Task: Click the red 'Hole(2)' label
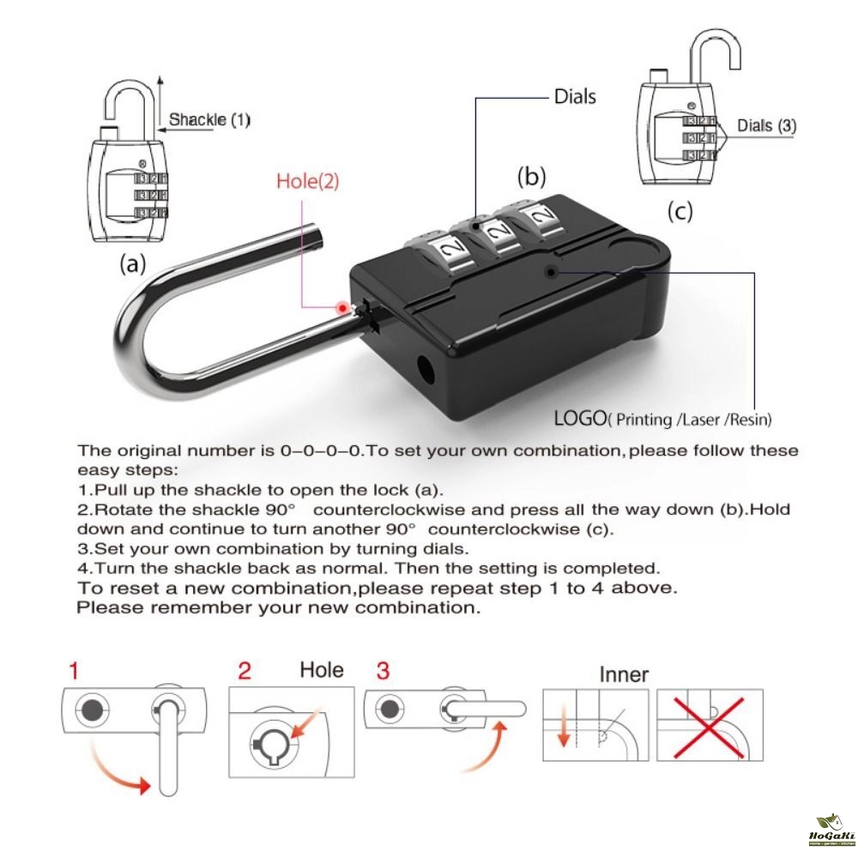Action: click(308, 181)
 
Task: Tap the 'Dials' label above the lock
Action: click(574, 96)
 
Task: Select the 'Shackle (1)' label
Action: click(209, 120)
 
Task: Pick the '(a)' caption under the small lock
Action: click(131, 264)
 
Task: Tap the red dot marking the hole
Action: click(343, 308)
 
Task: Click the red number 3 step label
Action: click(383, 670)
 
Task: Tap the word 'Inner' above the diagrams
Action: click(624, 675)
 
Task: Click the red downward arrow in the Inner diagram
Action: click(564, 729)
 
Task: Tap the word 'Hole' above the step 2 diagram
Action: click(321, 670)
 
